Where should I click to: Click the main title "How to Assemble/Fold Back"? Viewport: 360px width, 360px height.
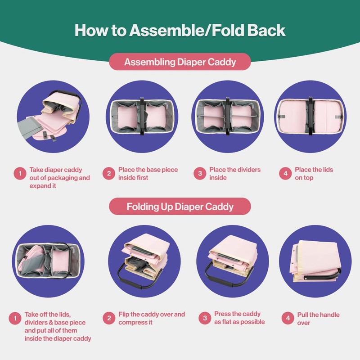click(180, 30)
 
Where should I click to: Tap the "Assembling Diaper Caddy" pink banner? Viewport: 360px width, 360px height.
click(180, 62)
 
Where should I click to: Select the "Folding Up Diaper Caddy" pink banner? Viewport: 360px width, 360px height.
click(180, 207)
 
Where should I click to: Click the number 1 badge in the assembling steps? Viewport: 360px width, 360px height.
click(20, 173)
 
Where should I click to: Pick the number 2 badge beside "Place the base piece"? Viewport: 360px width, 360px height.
click(109, 173)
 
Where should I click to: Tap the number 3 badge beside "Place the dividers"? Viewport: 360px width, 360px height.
click(200, 173)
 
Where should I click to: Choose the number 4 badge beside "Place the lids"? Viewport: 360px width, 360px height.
click(285, 173)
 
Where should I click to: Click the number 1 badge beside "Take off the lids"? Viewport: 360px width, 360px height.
click(15, 318)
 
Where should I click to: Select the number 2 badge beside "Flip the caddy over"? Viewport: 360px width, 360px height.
click(109, 318)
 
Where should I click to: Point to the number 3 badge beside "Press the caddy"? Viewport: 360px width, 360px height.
click(205, 318)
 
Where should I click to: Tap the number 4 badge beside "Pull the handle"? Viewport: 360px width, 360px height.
click(288, 318)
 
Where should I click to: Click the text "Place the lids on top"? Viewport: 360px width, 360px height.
click(314, 174)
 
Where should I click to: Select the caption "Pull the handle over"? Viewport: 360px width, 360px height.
click(318, 319)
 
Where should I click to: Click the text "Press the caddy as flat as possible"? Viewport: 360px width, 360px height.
click(239, 318)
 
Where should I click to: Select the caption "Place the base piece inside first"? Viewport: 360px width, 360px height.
click(148, 174)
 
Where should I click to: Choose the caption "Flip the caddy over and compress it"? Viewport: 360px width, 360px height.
click(152, 318)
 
